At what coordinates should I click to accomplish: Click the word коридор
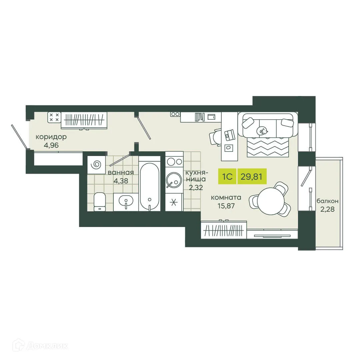(x=51, y=137)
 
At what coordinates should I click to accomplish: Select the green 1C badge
(x=227, y=176)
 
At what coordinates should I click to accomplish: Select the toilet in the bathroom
(x=99, y=202)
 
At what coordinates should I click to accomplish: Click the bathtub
(x=150, y=187)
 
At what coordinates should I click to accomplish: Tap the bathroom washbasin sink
(x=126, y=201)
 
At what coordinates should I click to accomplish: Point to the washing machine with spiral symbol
(x=97, y=164)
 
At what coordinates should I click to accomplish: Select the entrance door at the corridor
(x=19, y=136)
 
